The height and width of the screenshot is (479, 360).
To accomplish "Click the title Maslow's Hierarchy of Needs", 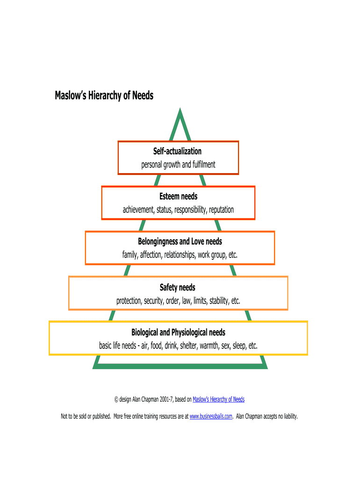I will (x=104, y=96).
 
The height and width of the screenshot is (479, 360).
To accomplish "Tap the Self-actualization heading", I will (x=178, y=152).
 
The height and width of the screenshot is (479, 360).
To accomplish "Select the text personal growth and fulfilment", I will (x=178, y=165).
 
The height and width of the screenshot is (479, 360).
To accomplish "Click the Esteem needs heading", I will (x=178, y=196).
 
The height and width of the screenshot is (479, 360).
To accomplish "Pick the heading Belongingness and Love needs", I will (x=180, y=242).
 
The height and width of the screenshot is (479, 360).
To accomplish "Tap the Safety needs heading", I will (x=178, y=287).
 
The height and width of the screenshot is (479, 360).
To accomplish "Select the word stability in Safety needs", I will (x=218, y=300).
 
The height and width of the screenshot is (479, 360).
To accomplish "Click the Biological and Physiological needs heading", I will (x=178, y=333).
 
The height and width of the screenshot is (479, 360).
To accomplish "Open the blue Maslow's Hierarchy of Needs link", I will (x=218, y=399).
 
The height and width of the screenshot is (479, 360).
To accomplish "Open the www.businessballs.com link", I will (x=211, y=416).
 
